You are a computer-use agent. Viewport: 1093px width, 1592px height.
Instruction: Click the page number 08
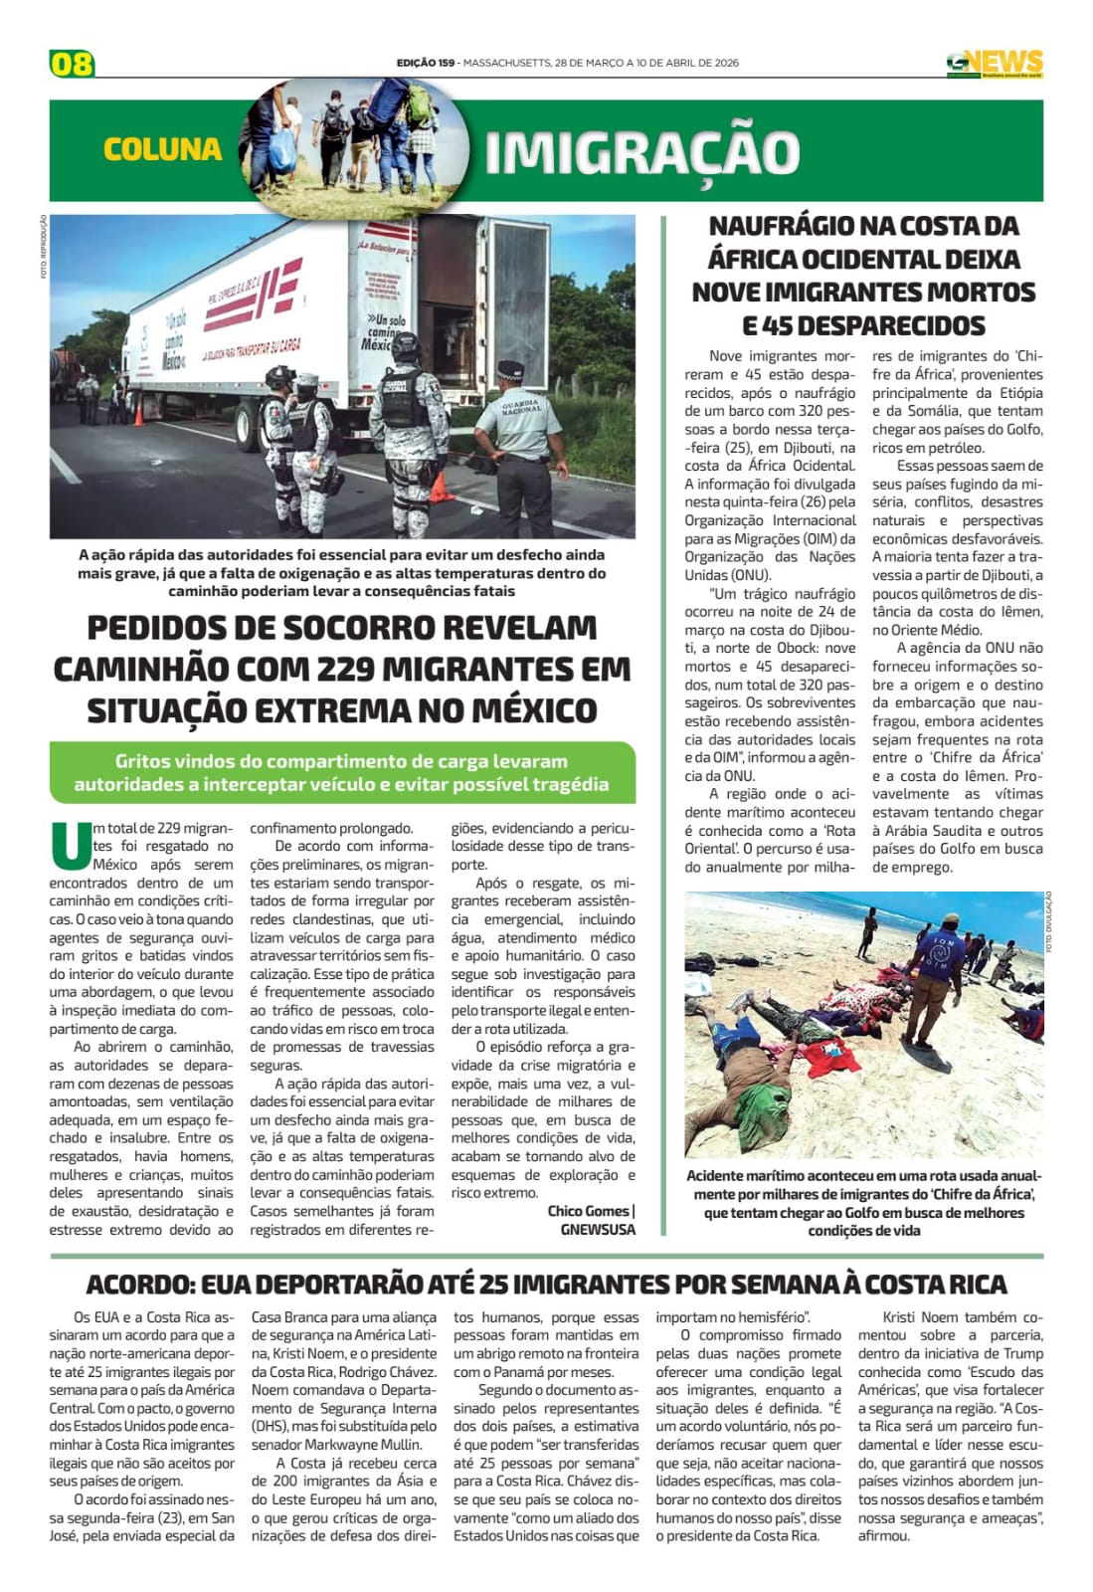point(72,64)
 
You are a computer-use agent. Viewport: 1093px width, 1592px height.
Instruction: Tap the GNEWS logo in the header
point(994,64)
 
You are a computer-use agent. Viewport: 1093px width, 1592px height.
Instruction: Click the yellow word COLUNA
point(162,149)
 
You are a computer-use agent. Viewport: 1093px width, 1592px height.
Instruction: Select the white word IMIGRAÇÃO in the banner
point(641,152)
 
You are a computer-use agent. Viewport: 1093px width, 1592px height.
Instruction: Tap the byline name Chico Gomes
point(587,1211)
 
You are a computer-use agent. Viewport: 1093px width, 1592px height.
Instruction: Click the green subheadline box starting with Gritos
point(342,772)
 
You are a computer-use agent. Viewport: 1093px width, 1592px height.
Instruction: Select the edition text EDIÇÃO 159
point(425,63)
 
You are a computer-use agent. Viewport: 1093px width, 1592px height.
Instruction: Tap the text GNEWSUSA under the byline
point(598,1229)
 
